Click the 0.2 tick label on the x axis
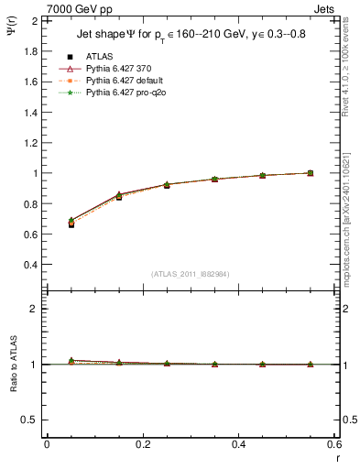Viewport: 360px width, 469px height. tap(142, 444)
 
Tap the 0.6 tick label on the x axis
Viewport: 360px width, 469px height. tap(333, 444)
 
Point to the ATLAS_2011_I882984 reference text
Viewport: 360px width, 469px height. tap(191, 274)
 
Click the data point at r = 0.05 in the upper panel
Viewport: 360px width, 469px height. tap(71, 224)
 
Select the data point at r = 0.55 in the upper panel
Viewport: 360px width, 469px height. tap(311, 173)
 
